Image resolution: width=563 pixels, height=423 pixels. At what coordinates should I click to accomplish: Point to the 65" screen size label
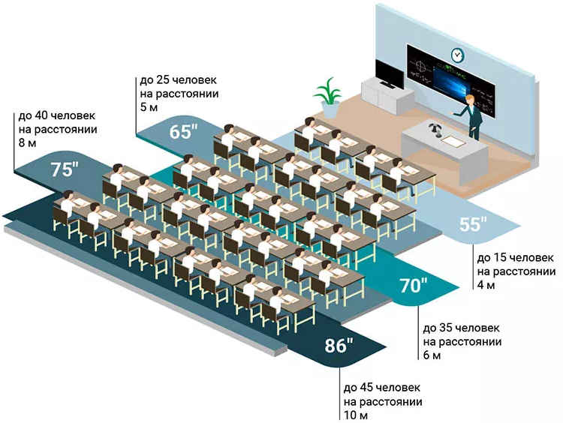[x=183, y=132]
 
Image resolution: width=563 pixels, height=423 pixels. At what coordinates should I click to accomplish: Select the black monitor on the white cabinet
[x=388, y=74]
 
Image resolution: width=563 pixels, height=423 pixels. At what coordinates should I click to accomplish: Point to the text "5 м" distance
[x=148, y=107]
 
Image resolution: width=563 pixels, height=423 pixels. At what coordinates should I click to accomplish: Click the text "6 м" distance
[x=432, y=355]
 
